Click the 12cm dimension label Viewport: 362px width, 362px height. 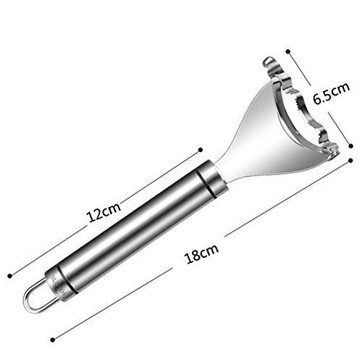104,212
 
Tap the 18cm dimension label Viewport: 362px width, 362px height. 202,253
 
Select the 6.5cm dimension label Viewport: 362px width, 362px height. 332,93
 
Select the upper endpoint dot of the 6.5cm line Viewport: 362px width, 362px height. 288,51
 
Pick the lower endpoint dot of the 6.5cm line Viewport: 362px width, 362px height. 351,146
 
